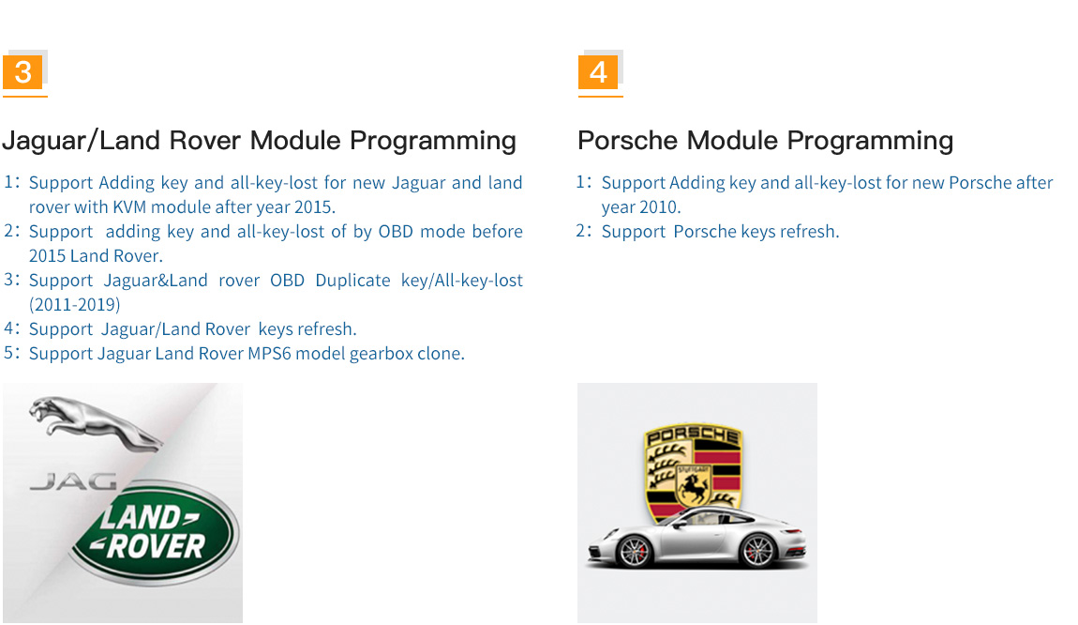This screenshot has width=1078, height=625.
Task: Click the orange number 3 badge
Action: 22,72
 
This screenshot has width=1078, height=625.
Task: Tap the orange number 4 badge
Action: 598,72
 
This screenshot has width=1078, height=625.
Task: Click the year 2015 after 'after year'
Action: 313,207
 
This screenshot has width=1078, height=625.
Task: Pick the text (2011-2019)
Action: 74,305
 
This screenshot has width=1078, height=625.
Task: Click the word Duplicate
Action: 352,281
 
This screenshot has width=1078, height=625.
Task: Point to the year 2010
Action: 658,207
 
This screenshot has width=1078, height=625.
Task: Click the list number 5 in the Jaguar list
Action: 9,353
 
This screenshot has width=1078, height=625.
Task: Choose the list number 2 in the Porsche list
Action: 581,231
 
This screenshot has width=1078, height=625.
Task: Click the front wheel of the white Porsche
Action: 633,552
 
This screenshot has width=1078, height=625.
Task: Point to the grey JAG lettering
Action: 73,481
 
